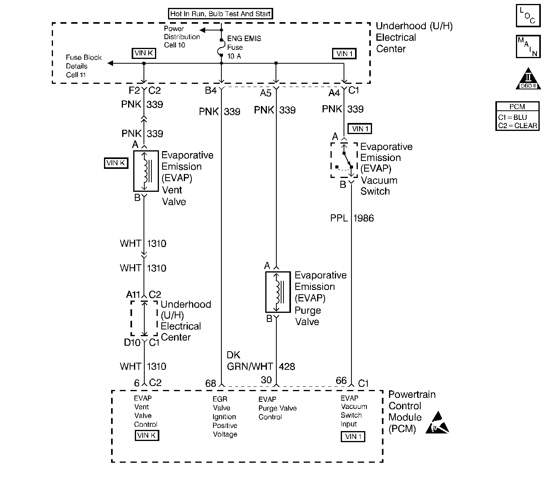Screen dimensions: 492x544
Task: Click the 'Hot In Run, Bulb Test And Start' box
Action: pos(221,14)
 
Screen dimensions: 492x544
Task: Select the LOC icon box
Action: pos(528,16)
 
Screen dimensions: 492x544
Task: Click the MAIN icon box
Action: pos(528,47)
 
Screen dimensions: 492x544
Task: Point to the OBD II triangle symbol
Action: pos(528,79)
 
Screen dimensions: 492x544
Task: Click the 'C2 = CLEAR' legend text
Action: pos(518,126)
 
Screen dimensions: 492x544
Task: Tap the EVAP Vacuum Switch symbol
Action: pos(344,160)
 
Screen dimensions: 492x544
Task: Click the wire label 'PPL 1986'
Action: pos(352,218)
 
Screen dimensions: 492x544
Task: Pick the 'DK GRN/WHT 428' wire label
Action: pos(261,361)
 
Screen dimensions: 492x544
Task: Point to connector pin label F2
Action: pos(134,91)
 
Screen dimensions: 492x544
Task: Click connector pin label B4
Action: pos(211,91)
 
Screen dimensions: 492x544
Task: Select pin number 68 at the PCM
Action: pos(211,383)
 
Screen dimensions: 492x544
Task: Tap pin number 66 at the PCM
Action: pos(341,381)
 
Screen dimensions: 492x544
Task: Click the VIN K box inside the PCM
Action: pos(147,435)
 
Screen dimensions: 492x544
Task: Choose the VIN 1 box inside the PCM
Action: pos(353,437)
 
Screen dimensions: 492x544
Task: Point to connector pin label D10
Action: pos(132,343)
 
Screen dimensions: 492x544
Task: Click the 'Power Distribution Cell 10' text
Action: pos(182,37)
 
